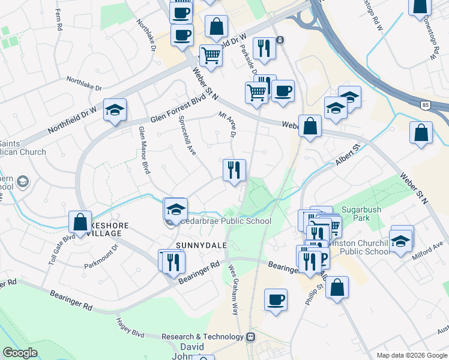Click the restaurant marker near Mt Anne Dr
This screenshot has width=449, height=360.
234,170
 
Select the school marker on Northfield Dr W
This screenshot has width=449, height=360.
115,111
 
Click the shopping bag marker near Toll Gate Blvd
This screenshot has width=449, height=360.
80,223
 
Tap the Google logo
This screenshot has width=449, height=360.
20,353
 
